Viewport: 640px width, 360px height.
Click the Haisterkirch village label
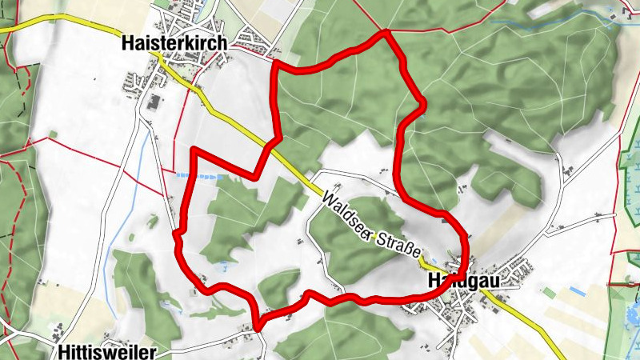pyautogui.click(x=174, y=43)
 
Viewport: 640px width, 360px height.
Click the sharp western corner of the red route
pyautogui.click(x=193, y=150)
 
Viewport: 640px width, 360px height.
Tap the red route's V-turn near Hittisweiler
pyautogui.click(x=258, y=324)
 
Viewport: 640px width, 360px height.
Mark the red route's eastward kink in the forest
pyautogui.click(x=422, y=102)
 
